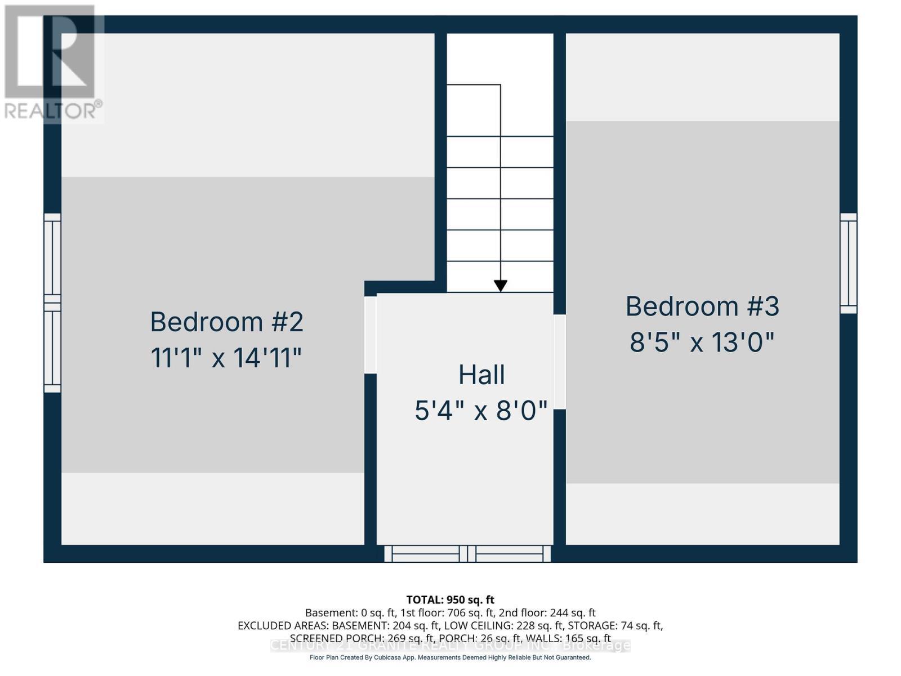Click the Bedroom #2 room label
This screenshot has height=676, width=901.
pyautogui.click(x=226, y=322)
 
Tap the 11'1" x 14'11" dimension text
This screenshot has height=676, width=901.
pyautogui.click(x=226, y=358)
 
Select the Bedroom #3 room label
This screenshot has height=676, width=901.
pyautogui.click(x=702, y=306)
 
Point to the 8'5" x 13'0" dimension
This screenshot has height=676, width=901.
pyautogui.click(x=702, y=342)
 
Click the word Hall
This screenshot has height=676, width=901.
pyautogui.click(x=481, y=375)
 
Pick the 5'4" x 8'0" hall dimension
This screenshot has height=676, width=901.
pyautogui.click(x=481, y=411)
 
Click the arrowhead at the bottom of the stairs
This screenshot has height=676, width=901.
pyautogui.click(x=500, y=286)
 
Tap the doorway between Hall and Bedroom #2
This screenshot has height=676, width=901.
pyautogui.click(x=370, y=335)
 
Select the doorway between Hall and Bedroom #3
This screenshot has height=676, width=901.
pyautogui.click(x=560, y=362)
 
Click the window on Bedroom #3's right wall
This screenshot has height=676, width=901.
pyautogui.click(x=849, y=263)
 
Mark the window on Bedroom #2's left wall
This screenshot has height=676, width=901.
pyautogui.click(x=52, y=303)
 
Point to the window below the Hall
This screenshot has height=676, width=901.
pyautogui.click(x=467, y=554)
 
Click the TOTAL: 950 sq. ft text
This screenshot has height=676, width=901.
pyautogui.click(x=450, y=599)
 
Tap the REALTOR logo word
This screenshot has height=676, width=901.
pyautogui.click(x=53, y=110)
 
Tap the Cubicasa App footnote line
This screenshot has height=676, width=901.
pyautogui.click(x=450, y=657)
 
